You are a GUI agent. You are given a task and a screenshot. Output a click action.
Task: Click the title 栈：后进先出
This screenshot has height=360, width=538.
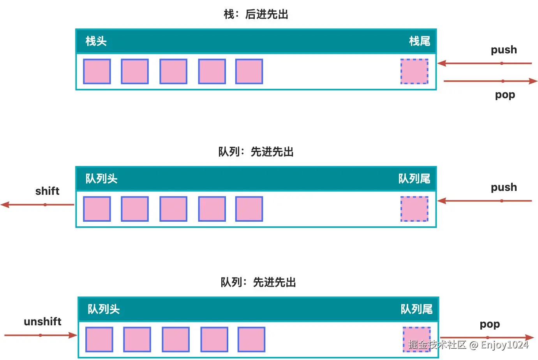[256, 14]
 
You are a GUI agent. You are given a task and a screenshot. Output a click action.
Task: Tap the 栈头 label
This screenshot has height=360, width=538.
[96, 41]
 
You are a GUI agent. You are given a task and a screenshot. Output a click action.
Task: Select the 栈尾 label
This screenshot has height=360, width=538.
[420, 41]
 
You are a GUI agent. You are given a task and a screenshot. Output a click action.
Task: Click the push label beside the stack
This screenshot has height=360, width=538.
[504, 50]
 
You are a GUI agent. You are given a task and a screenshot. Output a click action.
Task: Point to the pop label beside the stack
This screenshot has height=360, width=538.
[505, 95]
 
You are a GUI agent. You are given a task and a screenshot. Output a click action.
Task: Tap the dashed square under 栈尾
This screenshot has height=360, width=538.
[415, 71]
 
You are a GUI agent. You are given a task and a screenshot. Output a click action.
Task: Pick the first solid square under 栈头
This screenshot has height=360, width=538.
[97, 71]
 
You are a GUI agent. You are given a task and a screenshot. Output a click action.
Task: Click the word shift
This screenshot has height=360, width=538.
[47, 191]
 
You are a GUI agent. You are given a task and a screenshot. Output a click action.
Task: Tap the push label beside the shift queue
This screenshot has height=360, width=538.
[504, 187]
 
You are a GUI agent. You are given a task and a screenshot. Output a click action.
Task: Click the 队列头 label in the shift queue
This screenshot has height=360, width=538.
[101, 179]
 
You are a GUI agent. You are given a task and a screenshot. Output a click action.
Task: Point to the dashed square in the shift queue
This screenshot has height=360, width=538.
[415, 209]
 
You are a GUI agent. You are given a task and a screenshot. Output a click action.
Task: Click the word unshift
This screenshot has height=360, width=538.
[42, 321]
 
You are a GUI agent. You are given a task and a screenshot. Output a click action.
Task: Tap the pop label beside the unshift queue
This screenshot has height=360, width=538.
[490, 324]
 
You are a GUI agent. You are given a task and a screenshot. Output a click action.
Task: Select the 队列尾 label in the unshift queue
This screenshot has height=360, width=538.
[416, 309]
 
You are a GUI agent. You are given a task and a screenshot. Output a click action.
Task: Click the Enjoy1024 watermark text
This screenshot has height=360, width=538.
[504, 345]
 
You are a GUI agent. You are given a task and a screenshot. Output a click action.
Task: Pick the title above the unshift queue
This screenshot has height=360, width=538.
[258, 282]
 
